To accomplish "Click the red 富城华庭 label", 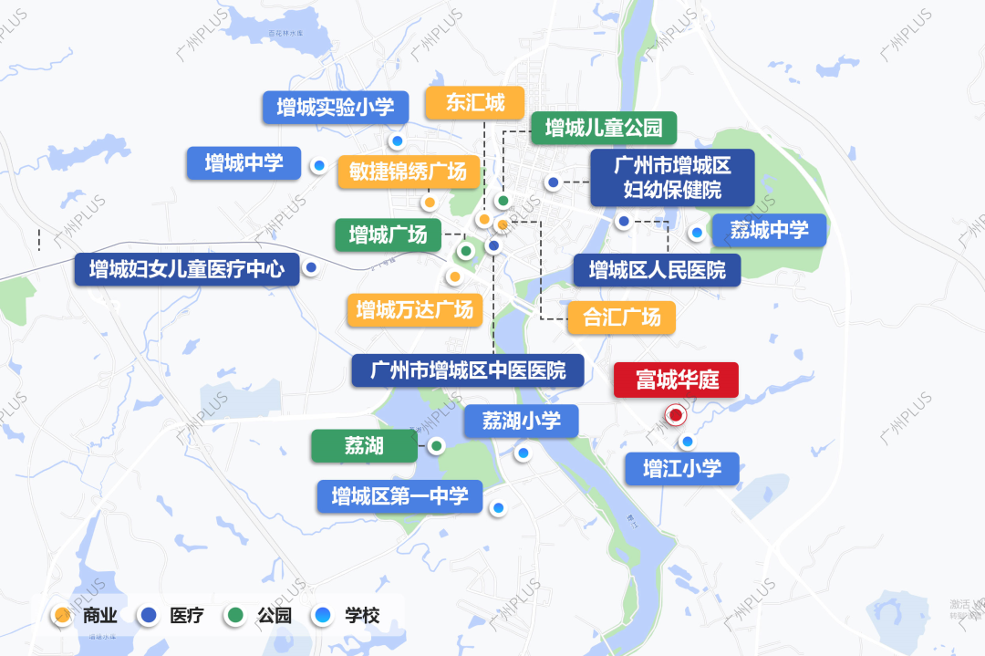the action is coord(676,380).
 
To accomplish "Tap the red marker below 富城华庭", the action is coord(676,415).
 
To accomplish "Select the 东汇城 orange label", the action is coord(475,103).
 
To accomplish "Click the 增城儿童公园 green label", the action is coord(603,128).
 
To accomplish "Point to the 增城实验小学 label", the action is coord(335,108).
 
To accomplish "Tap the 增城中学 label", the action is coord(244,164).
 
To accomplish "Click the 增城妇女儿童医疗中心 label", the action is coord(187,269).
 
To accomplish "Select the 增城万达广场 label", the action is coord(414,310).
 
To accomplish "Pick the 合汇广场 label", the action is coord(621,318).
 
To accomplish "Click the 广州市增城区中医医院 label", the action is coord(469,370).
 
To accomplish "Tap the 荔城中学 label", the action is coord(769,230).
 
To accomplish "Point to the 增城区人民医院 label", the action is coord(657,270).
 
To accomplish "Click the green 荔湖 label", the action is coord(364,446).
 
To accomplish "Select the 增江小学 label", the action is coord(681,469).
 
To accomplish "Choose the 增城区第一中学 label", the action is coord(399,496).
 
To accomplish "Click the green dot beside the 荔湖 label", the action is coord(437,446).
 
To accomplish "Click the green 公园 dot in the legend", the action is coord(236,615).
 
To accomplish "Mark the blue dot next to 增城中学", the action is coord(319,166).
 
